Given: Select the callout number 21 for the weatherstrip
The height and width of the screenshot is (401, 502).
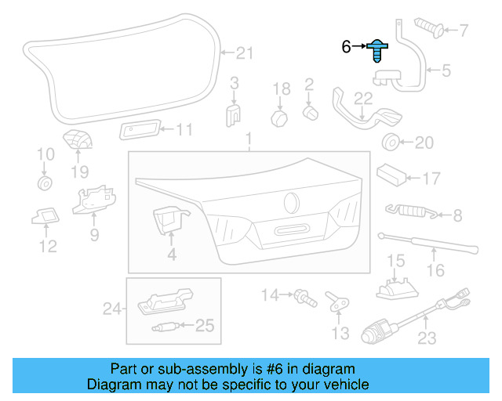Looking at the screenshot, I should (246, 53).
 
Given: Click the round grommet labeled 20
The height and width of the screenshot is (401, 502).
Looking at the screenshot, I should (388, 142).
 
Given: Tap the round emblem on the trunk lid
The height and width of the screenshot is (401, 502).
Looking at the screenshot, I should (291, 201).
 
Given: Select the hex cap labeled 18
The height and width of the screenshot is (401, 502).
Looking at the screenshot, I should (280, 117).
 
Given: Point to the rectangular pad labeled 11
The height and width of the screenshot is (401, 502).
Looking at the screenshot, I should (141, 129).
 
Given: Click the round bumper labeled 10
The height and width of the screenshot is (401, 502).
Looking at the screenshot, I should (45, 184).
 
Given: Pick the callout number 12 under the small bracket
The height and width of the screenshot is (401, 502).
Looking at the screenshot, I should (48, 247).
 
